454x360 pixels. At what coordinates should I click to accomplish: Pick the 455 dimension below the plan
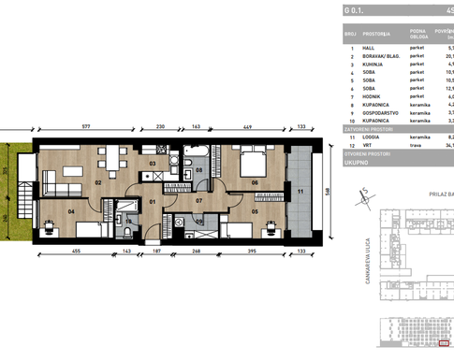pyautogui.click(x=77, y=252)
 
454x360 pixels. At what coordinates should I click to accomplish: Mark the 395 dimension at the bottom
pyautogui.click(x=250, y=252)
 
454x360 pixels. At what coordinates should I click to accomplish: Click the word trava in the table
pyautogui.click(x=417, y=144)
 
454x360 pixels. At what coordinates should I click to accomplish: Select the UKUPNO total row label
pyautogui.click(x=359, y=159)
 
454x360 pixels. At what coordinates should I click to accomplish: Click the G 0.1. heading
pyautogui.click(x=357, y=10)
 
